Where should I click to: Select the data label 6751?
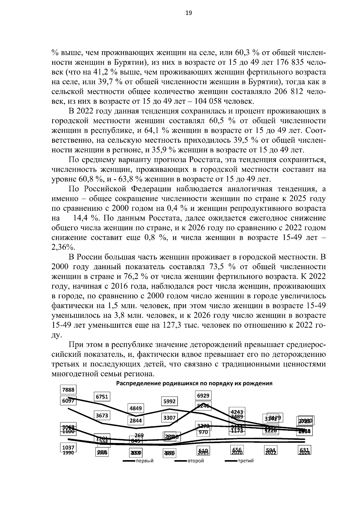102,397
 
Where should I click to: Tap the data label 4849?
136,408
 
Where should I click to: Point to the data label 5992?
169,401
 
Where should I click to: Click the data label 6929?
203,396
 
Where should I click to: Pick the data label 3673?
102,415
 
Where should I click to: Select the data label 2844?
136,421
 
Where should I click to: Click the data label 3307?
169,417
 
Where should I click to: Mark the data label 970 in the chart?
203,432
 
